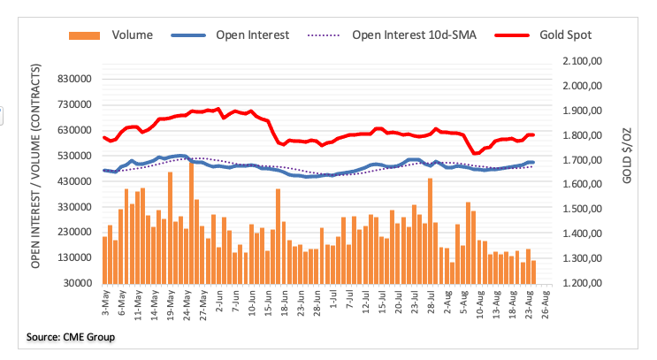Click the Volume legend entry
tap(132, 35)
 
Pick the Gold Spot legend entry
tap(566, 35)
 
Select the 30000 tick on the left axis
tap(77, 283)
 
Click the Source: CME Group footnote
tap(71, 337)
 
